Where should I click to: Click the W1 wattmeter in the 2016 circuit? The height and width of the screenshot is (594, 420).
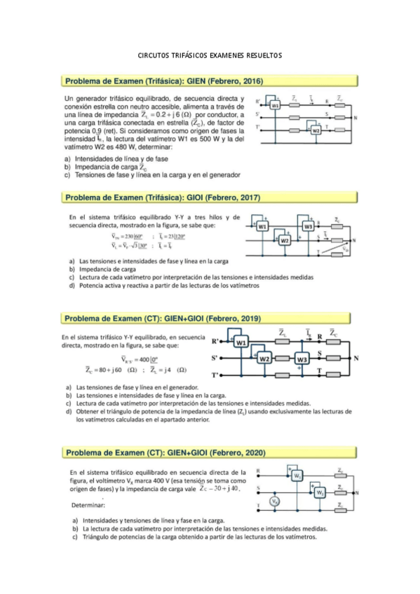pos(276,105)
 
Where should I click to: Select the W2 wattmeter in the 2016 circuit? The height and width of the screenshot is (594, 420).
pos(316,130)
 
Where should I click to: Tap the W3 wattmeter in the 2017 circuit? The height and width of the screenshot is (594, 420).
pos(308,227)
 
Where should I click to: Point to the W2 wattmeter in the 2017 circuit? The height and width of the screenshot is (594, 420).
pos(285,240)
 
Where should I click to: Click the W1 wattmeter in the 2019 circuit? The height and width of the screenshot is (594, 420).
pos(241,343)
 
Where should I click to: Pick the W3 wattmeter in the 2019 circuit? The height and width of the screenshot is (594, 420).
pos(302,359)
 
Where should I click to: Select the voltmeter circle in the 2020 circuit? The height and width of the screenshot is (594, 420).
pos(276,501)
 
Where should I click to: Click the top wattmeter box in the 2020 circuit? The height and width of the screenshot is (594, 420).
pos(298,476)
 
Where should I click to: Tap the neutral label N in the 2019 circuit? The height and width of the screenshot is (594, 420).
pos(356,359)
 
